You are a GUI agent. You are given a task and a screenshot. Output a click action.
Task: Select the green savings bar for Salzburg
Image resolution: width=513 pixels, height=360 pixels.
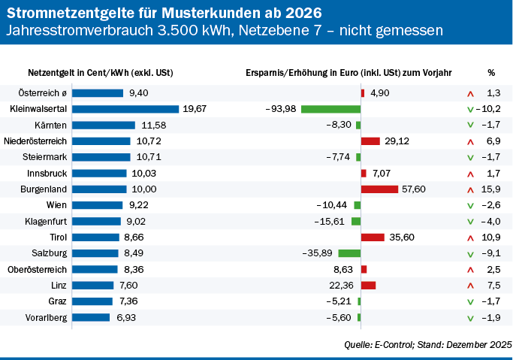(x=349, y=253)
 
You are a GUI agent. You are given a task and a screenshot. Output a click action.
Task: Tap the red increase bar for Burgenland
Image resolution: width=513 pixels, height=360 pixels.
(x=379, y=189)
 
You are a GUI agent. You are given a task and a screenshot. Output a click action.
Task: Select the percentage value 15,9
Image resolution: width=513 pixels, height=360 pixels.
(x=493, y=189)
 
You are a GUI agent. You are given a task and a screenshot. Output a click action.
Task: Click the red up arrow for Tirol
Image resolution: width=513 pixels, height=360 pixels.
(x=470, y=237)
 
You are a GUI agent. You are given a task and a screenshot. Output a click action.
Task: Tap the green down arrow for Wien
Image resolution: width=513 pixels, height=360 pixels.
(x=470, y=205)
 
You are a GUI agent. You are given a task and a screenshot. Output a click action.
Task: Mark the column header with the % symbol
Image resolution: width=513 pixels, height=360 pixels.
(x=490, y=73)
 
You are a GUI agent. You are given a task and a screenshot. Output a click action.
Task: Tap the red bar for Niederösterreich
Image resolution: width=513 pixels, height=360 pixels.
(x=370, y=141)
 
